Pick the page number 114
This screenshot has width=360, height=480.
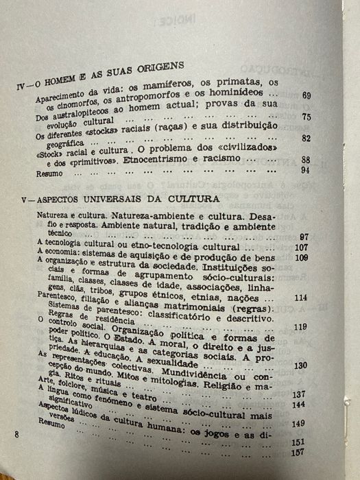pos(300,298)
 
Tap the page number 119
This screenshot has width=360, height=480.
pos(300,328)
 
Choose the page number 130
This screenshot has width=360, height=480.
pos(300,365)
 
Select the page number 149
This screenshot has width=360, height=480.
pos(298,423)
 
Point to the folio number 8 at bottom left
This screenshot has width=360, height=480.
pos(16,435)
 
